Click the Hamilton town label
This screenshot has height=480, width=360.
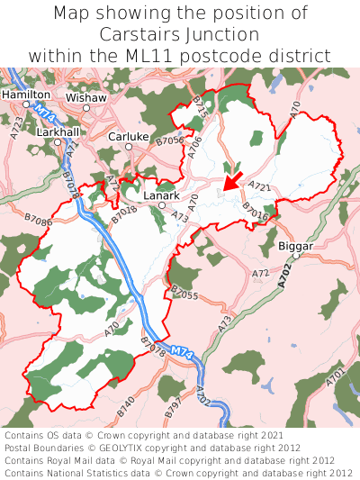coord(25,94)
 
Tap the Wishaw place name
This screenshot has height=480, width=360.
coord(86,96)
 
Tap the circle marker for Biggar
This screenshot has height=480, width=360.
coord(295,257)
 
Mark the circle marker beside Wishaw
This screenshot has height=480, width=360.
coord(86,108)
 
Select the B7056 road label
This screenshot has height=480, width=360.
coord(169,140)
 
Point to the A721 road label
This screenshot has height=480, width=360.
coord(259,187)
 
